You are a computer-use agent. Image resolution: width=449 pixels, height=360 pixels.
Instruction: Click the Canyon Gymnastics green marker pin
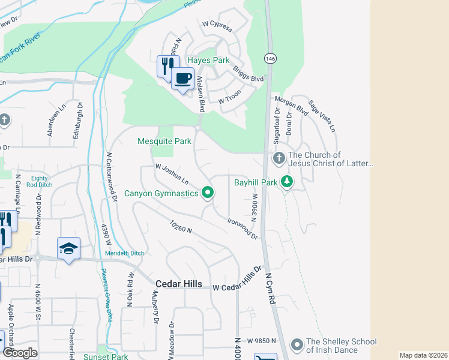[x=208, y=193]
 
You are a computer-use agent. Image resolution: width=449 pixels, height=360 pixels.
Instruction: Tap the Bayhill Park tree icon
[x=287, y=181]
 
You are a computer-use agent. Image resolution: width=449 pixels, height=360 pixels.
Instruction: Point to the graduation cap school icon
[x=68, y=248]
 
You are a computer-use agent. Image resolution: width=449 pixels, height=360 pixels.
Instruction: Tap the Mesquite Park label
[x=164, y=142]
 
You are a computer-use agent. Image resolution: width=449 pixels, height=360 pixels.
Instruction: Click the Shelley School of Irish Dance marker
[x=297, y=345]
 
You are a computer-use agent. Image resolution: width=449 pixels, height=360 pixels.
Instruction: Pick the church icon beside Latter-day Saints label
[x=278, y=159]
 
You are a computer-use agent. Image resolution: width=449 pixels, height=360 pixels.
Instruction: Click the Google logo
[x=20, y=353]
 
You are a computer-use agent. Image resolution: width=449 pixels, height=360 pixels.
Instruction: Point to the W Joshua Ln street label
[x=172, y=175]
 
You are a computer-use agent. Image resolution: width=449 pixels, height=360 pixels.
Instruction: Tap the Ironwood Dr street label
[x=243, y=229]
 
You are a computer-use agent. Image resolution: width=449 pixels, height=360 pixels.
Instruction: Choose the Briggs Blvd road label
[x=249, y=74]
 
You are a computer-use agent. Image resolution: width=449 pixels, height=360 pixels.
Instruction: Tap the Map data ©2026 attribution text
[x=423, y=355]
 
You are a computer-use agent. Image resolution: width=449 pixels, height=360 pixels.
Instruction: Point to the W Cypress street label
[x=217, y=24]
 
